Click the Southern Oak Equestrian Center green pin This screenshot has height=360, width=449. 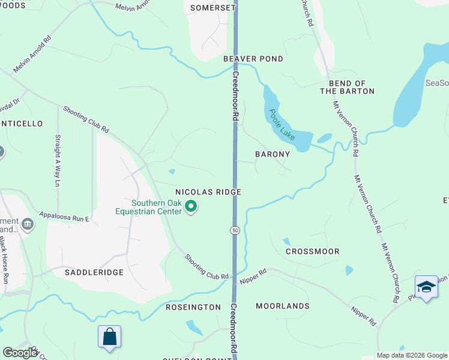(191, 207)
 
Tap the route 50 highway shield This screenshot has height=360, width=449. (235, 230)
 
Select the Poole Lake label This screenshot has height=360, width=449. (282, 124)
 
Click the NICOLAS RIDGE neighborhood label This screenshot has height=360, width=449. (208, 192)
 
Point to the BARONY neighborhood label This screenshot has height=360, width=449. (273, 154)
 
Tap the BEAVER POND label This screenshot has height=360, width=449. (253, 59)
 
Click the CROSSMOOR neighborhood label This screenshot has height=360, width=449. (312, 251)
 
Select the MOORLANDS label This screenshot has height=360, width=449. (283, 306)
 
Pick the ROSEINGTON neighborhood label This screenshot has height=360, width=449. (193, 307)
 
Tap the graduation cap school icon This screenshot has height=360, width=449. (426, 287)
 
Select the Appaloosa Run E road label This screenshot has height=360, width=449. (64, 217)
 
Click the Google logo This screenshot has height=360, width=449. (20, 353)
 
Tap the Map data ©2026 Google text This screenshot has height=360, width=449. (412, 355)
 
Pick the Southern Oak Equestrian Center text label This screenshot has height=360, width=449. (148, 207)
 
